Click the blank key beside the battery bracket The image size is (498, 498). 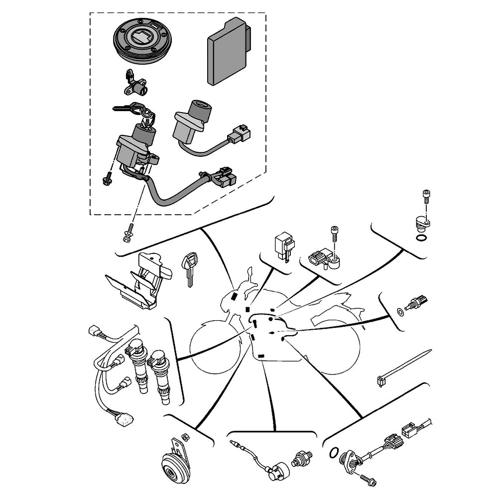[189, 269]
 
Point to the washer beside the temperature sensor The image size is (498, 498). [400, 312]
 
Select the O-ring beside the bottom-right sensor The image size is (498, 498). [333, 453]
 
